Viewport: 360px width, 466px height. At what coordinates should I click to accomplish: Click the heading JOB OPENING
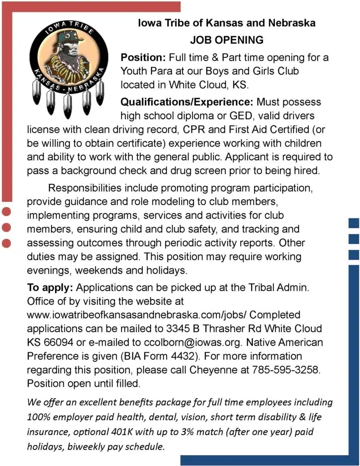click(x=227, y=40)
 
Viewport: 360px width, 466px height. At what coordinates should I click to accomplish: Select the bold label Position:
click(x=143, y=58)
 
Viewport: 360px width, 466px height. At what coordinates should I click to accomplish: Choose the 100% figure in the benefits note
click(x=37, y=417)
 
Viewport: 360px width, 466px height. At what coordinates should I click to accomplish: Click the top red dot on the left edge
click(x=6, y=211)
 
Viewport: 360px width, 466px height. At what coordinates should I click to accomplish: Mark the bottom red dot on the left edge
click(x=6, y=243)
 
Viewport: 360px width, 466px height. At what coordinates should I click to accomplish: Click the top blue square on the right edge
click(x=354, y=223)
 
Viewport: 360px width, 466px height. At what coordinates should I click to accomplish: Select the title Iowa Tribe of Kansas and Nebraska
click(x=227, y=23)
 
